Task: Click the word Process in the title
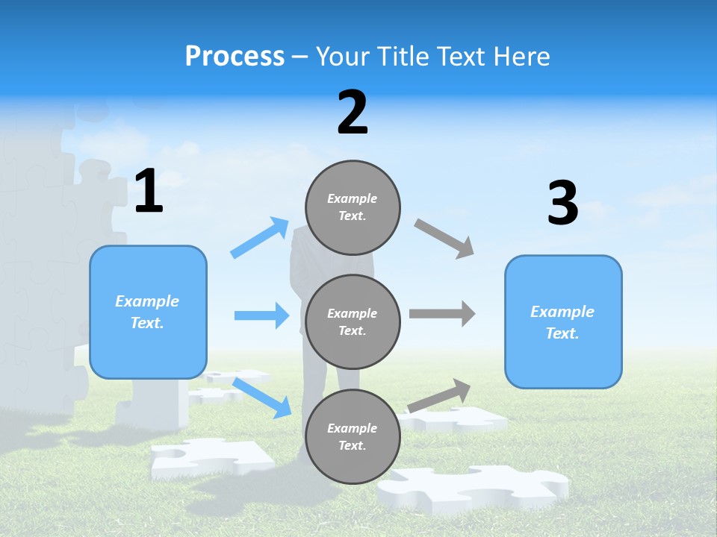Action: (x=235, y=57)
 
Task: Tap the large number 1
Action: (x=149, y=192)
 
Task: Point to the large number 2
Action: (x=353, y=113)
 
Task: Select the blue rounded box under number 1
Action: (x=148, y=312)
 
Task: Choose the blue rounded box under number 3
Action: (x=563, y=321)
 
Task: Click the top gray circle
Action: (x=353, y=207)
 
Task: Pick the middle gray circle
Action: (x=353, y=321)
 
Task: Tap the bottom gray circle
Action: (x=353, y=436)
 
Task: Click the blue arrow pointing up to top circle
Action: (x=260, y=238)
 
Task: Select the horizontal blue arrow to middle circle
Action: (x=261, y=315)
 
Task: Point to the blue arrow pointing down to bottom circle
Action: (x=263, y=397)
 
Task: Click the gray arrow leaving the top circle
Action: (x=444, y=239)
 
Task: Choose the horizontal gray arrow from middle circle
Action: (x=442, y=314)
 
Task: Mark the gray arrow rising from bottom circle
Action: (x=439, y=395)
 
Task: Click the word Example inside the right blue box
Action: (x=562, y=312)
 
